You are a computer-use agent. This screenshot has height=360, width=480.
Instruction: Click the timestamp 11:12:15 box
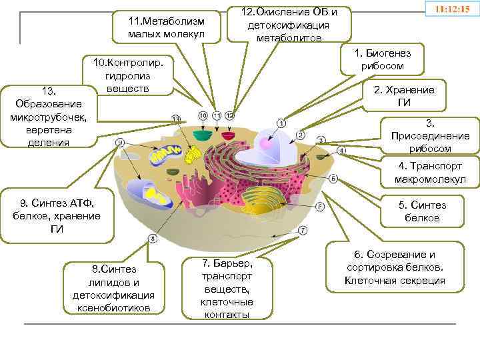tap(451, 11)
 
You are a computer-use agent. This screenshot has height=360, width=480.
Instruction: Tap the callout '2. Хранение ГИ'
tap(413, 96)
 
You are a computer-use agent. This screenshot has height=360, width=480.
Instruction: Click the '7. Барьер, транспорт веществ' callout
tap(227, 287)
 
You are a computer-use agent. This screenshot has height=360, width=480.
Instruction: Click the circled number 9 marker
tap(120, 142)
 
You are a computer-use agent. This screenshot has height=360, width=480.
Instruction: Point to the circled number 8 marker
tap(153, 238)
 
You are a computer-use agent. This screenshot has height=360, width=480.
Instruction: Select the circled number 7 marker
tap(302, 231)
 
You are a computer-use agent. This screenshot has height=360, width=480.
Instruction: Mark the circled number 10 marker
tap(203, 115)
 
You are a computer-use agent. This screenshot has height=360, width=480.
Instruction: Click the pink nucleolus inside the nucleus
tap(267, 143)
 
